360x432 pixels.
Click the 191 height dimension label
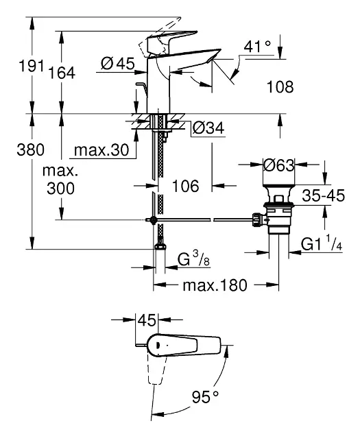(x=31, y=66)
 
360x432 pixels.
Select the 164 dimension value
(x=62, y=73)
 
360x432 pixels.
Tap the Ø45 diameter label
(x=118, y=64)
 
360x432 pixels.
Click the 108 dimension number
(x=280, y=87)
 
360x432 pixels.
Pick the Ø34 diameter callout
(x=208, y=128)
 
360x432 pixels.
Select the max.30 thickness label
(x=101, y=150)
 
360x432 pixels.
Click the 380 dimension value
(x=31, y=150)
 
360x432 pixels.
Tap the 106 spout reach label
(x=185, y=186)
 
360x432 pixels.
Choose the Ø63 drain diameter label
(x=279, y=165)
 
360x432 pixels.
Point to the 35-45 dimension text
(x=324, y=195)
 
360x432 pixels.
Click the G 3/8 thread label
(x=193, y=259)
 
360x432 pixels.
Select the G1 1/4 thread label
(x=322, y=243)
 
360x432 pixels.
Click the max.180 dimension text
(x=215, y=285)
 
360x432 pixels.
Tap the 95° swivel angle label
(x=205, y=397)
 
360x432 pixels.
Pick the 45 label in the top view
(x=147, y=320)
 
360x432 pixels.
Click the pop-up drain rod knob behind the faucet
(x=141, y=85)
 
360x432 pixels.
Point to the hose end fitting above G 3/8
(x=160, y=245)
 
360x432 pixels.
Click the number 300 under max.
(x=60, y=189)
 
